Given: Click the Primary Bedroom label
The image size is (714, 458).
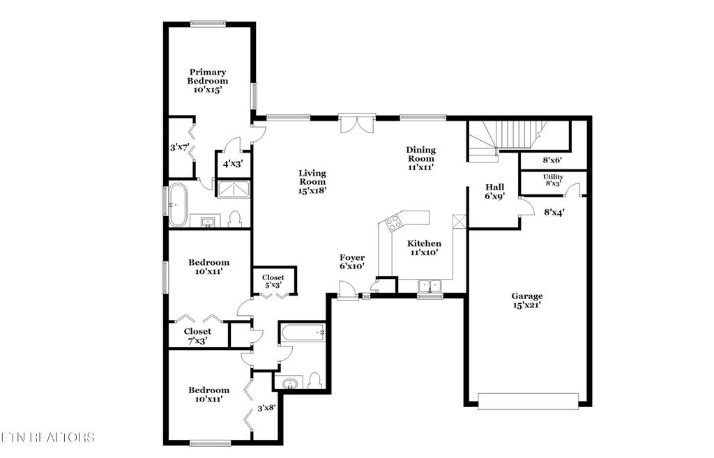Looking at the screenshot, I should [207, 81].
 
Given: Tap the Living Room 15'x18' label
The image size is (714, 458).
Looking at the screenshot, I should [312, 181].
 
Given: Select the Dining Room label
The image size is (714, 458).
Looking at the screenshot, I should [420, 158].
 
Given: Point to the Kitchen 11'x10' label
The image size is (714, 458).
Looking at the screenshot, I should [424, 248].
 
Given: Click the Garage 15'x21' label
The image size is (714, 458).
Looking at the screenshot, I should [527, 300].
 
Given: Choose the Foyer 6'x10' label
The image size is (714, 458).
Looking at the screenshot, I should [352, 262].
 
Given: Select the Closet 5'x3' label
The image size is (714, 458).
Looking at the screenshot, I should [273, 281].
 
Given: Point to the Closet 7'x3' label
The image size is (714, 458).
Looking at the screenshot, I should [197, 336].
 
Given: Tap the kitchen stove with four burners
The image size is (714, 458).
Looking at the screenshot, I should [393, 223].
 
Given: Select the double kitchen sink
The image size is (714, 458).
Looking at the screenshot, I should [429, 285].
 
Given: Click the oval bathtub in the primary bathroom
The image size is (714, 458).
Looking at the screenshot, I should [177, 205].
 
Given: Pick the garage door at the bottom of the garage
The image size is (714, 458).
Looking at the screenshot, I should [528, 400].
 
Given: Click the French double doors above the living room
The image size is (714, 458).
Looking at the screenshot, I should [357, 124].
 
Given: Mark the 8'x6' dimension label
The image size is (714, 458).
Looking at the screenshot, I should [552, 160].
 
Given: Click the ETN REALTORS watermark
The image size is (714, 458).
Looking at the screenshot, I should [47, 437].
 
